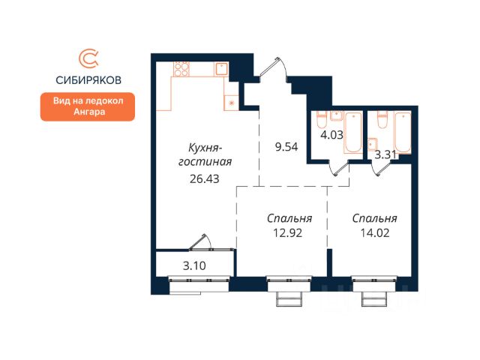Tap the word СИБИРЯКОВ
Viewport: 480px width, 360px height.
pos(88,80)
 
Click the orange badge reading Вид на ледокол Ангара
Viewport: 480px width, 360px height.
pos(88,106)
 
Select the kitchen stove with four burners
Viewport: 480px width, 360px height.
pos(181,69)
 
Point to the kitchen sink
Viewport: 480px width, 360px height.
pos(221,69)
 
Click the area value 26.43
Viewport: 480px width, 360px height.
pos(205,178)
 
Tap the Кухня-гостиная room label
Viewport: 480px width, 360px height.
pos(205,155)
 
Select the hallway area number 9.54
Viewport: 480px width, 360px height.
pos(286,147)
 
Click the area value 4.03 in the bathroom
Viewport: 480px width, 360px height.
pos(331,135)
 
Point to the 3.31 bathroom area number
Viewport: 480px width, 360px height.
pos(385,155)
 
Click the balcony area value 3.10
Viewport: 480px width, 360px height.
pos(194,265)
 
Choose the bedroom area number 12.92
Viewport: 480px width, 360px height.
pos(288,233)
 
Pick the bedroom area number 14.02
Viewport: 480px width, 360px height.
pos(375,233)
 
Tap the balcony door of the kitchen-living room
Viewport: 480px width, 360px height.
pos(200,242)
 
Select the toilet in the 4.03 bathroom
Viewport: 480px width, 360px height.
pos(322,119)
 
